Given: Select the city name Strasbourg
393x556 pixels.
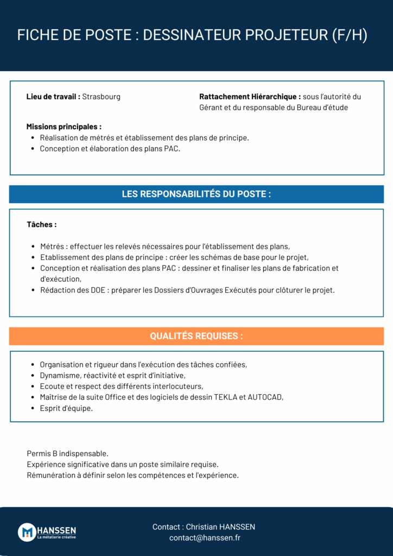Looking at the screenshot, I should coord(102,97).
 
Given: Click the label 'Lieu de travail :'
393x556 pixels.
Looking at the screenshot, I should coord(53,97).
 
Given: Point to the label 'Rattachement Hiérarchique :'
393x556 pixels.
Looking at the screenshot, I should coord(250,97).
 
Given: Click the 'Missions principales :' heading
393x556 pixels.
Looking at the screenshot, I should coord(64,127).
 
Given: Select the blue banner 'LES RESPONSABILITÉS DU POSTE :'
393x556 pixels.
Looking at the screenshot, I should coord(196,194).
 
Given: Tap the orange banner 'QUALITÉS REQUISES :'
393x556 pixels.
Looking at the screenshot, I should coord(196,336).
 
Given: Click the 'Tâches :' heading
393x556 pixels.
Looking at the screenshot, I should coord(42,224).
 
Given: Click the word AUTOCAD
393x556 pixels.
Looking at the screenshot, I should coord(265,397).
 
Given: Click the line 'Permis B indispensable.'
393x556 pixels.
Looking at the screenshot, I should coord(67,453).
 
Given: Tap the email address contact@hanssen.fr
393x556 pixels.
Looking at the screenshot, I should coord(205,538).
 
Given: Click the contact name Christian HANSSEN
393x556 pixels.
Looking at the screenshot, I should coord(220,527).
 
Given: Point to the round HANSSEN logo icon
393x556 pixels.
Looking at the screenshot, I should coord(27,532).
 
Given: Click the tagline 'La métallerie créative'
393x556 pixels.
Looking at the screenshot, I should coord(56,538).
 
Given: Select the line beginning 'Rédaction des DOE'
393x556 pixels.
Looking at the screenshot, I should coord(187,290).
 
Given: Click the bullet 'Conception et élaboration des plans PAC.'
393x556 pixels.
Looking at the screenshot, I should coord(110,148).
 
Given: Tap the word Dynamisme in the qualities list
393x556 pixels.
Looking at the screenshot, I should coord(58,376).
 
